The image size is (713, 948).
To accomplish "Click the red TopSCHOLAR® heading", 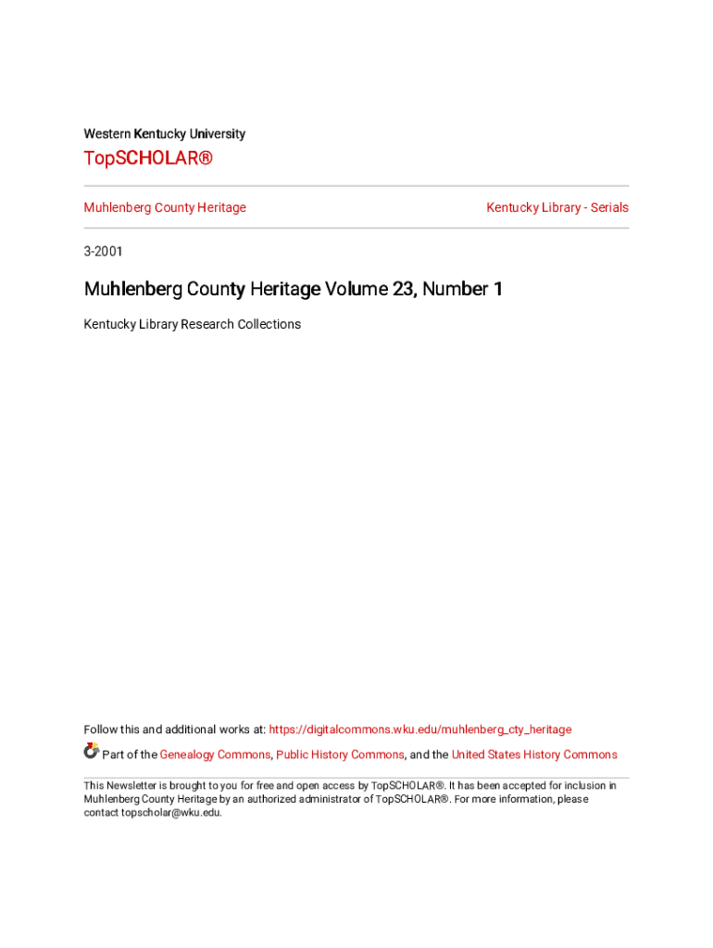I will click(148, 158).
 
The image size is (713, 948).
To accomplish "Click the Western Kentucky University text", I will click(165, 134).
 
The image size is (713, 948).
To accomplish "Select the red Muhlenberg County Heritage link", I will click(165, 207).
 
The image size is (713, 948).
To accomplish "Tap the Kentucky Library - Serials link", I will click(557, 207).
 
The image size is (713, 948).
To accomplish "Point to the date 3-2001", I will click(103, 251).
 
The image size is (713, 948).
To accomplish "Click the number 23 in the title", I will click(403, 290).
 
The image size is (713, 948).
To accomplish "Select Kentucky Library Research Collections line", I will click(193, 324).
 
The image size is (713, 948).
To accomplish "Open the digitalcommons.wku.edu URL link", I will click(420, 730).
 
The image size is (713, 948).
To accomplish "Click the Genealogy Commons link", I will click(215, 755).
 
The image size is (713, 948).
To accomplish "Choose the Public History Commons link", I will click(340, 755).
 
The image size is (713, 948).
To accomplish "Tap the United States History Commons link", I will click(534, 755).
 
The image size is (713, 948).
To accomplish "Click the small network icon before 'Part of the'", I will click(91, 751).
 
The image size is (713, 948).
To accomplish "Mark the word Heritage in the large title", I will click(284, 290).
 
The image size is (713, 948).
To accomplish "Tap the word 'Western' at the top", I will click(106, 134).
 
